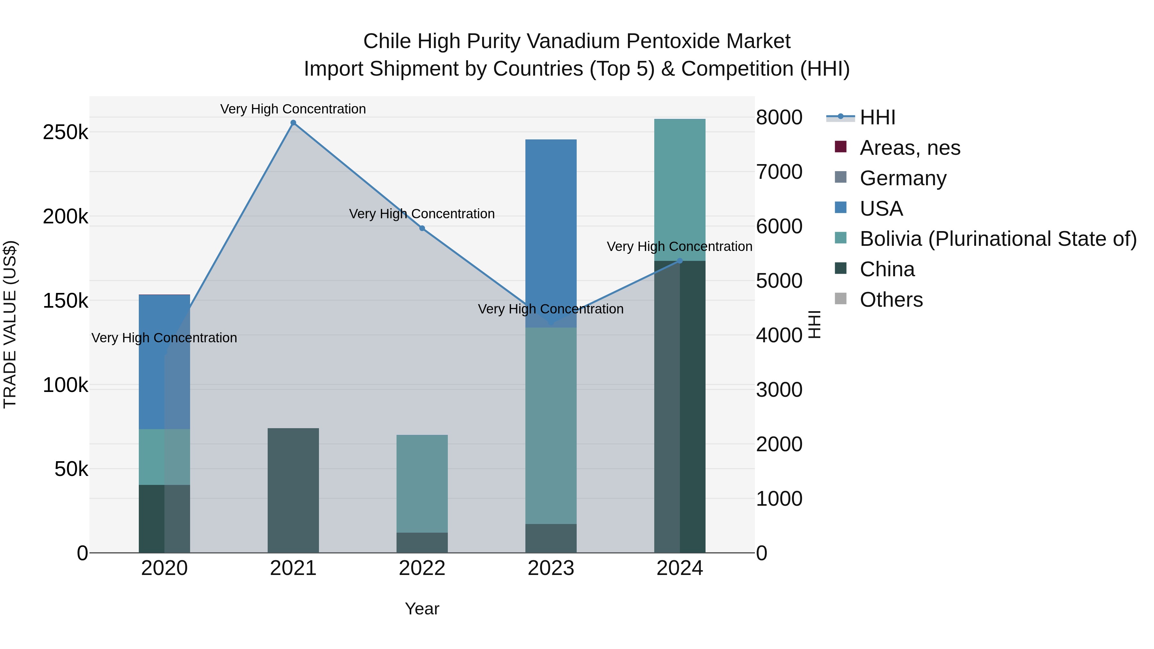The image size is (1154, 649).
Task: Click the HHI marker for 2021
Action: tap(293, 123)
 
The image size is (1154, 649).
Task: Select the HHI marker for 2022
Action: tap(422, 229)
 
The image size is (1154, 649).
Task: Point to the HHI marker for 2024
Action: tap(680, 261)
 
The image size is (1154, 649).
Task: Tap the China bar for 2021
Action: tap(293, 490)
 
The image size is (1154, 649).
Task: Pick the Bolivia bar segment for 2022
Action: tap(422, 483)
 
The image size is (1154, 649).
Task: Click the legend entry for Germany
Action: tap(903, 178)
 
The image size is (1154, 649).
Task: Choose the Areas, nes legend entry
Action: tap(909, 148)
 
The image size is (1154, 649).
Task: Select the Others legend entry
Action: tap(891, 300)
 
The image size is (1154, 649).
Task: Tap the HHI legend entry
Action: tap(877, 117)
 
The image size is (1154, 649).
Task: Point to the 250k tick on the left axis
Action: tap(65, 132)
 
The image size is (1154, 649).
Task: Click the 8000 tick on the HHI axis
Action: tap(779, 117)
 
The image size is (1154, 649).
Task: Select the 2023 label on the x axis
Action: tap(551, 568)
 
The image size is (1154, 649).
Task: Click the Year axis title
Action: tap(422, 609)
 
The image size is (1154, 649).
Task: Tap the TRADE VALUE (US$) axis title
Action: tap(10, 324)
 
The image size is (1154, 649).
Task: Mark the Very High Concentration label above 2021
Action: tap(293, 109)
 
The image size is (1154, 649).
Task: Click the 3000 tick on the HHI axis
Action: tap(779, 390)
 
